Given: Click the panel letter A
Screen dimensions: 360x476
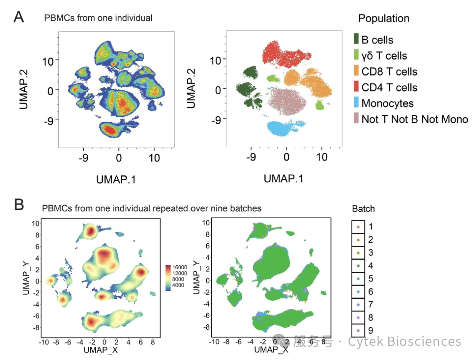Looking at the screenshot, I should click(x=19, y=17).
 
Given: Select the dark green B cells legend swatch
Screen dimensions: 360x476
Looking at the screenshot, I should click(x=356, y=40).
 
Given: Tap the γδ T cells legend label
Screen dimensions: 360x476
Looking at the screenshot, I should click(x=384, y=56).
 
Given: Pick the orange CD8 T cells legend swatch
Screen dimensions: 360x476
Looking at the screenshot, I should click(x=356, y=71).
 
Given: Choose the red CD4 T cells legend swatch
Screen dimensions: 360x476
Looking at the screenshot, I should click(x=356, y=87).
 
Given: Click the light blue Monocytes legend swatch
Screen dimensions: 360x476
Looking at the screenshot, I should click(x=356, y=103).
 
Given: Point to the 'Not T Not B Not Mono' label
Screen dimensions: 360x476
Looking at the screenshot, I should click(x=414, y=119).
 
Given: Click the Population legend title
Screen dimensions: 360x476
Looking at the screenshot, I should click(x=383, y=19).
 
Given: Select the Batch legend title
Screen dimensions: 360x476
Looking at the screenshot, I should click(x=363, y=209).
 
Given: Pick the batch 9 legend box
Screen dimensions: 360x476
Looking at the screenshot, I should click(x=357, y=330).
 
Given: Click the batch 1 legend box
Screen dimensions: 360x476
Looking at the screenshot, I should click(x=357, y=227).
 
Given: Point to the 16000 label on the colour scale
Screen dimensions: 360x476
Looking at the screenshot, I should click(x=179, y=267).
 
